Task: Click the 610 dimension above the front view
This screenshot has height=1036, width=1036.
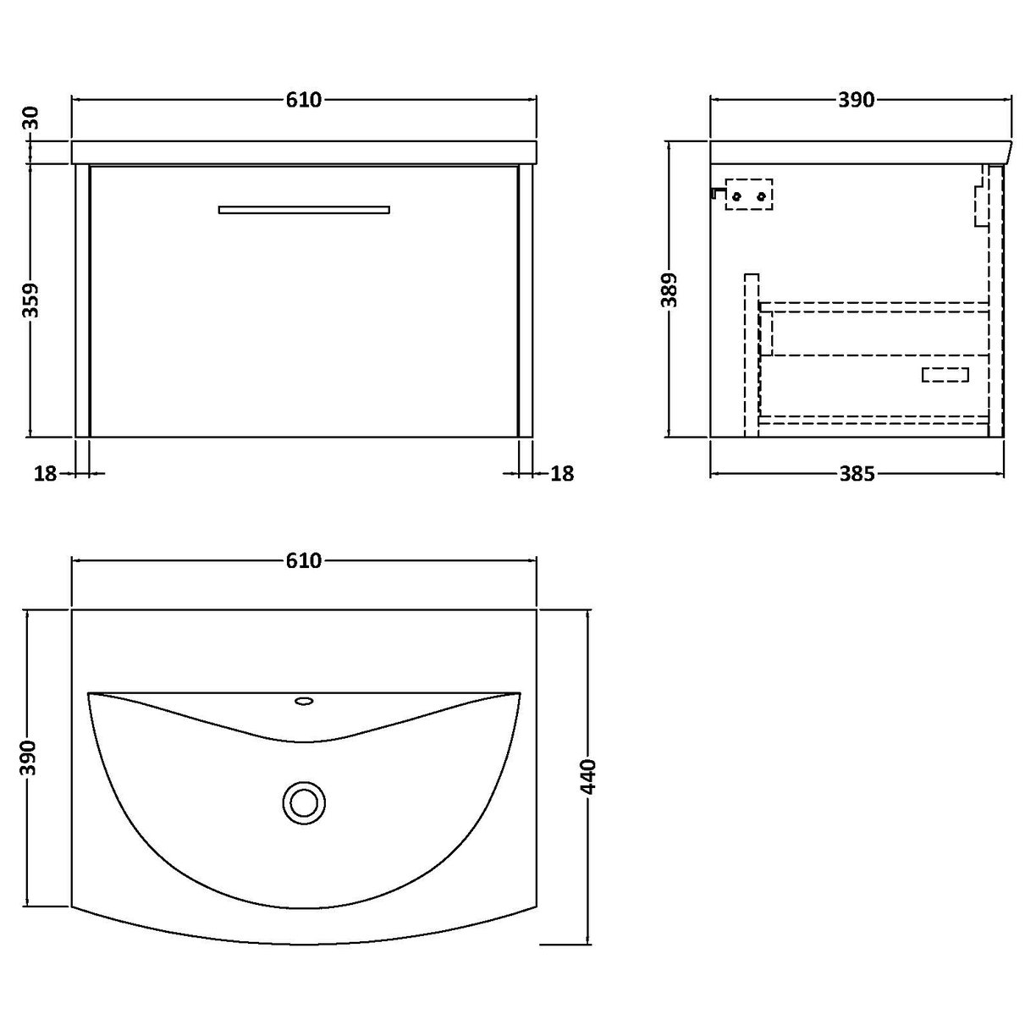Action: pyautogui.click(x=303, y=100)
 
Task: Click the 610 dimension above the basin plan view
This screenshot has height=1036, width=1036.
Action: pyautogui.click(x=303, y=560)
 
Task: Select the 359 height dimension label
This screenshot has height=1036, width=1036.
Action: pyautogui.click(x=31, y=300)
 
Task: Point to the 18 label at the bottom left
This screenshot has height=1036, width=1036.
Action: pyautogui.click(x=45, y=474)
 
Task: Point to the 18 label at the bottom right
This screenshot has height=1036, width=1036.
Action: pyautogui.click(x=562, y=474)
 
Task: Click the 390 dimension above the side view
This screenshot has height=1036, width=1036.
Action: pyautogui.click(x=856, y=100)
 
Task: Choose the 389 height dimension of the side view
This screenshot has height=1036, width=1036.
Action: pyautogui.click(x=671, y=290)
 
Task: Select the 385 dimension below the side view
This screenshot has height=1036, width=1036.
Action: pyautogui.click(x=857, y=474)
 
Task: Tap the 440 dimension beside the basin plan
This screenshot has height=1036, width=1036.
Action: pyautogui.click(x=589, y=776)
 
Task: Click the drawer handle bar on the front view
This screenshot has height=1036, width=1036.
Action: pyautogui.click(x=304, y=209)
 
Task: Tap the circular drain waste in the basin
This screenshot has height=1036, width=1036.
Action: pyautogui.click(x=302, y=801)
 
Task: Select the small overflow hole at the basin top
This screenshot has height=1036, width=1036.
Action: pyautogui.click(x=303, y=701)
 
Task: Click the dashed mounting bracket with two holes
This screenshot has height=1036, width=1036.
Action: pyautogui.click(x=750, y=195)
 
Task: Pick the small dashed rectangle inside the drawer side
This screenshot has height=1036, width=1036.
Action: pyautogui.click(x=945, y=374)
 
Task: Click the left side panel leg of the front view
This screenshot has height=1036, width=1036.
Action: pyautogui.click(x=82, y=300)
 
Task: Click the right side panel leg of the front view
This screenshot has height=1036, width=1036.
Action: pyautogui.click(x=525, y=300)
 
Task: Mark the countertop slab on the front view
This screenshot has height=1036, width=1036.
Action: pyautogui.click(x=304, y=152)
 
